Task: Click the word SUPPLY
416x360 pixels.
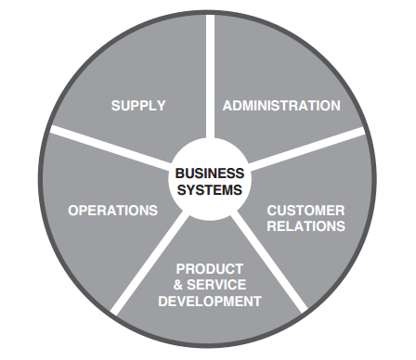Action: tap(138, 106)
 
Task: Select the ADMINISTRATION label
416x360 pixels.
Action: tap(281, 106)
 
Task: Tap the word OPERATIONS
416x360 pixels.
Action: tap(112, 211)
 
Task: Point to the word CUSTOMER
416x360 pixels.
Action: tap(305, 211)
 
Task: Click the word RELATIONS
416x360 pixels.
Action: tap(305, 226)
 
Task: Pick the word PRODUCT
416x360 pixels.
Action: tap(210, 269)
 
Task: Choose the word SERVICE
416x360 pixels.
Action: tap(216, 285)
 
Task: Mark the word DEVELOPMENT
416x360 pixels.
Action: tap(210, 301)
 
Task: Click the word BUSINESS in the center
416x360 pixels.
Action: tap(210, 174)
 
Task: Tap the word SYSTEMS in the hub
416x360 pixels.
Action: tap(210, 189)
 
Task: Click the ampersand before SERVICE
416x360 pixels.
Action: tap(178, 285)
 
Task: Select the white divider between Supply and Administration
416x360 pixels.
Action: tap(210, 76)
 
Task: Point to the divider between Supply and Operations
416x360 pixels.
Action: tap(110, 145)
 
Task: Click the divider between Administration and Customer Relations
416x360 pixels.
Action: tap(307, 149)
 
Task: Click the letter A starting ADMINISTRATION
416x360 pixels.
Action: tap(227, 106)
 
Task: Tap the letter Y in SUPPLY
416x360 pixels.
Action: tap(161, 106)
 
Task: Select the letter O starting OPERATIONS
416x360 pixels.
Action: tap(73, 211)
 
